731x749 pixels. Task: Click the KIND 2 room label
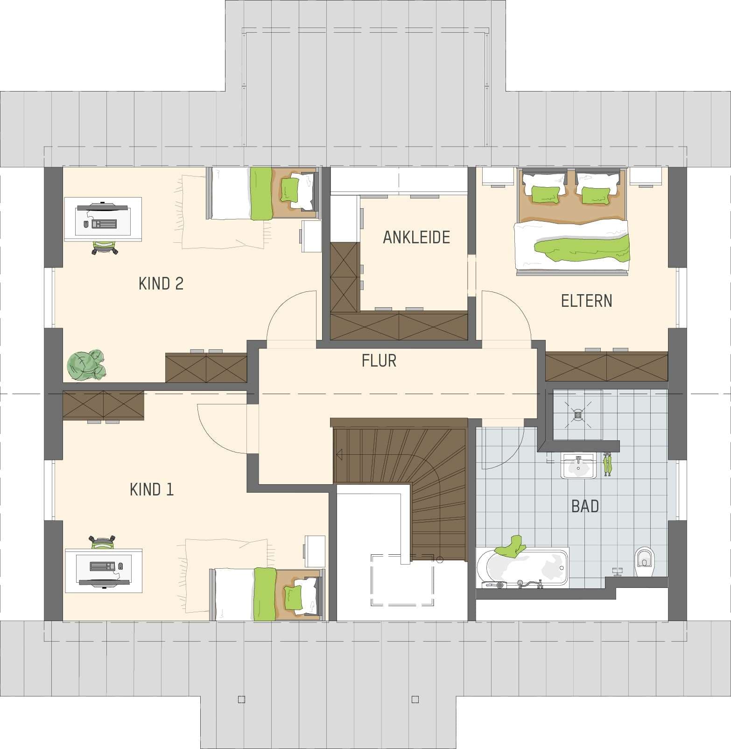[161, 283]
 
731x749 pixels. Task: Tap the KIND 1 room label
[151, 489]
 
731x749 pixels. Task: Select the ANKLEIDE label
[416, 237]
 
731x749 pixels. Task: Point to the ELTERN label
[586, 301]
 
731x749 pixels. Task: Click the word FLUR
[379, 360]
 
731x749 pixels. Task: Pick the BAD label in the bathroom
[585, 506]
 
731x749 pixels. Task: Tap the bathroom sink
[579, 466]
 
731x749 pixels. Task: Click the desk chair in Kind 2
[105, 247]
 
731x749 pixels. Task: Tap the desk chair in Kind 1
[103, 542]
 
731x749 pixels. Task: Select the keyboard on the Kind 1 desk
[102, 566]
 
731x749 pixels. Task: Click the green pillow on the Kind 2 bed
[289, 188]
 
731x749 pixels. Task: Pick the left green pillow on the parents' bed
[545, 194]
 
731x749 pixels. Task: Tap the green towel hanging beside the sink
[607, 465]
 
